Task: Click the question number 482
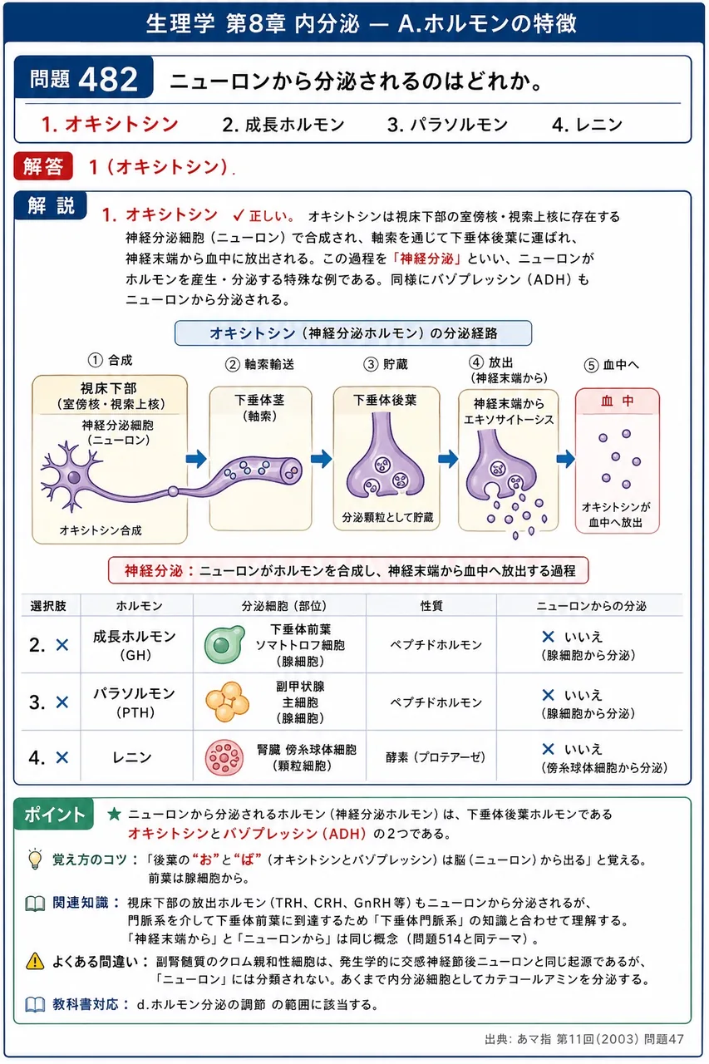tap(108, 79)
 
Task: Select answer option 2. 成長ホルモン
tap(283, 125)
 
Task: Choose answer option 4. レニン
tap(587, 125)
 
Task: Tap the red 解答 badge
tap(43, 166)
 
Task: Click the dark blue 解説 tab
tap(51, 205)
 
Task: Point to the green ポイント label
tap(54, 814)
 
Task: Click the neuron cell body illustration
tap(74, 477)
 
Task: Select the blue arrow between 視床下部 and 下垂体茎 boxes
tap(195, 459)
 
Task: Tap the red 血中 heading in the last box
tap(617, 401)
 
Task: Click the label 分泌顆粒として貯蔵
tap(387, 517)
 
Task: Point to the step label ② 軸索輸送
tap(259, 364)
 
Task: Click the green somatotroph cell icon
tap(224, 644)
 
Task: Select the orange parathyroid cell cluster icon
tap(227, 702)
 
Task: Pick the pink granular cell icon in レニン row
tap(224, 756)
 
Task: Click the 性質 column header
tap(431, 606)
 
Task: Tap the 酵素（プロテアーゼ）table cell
tap(436, 757)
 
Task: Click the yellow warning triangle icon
tap(35, 962)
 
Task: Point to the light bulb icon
tap(35, 860)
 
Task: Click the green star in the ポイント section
tap(114, 814)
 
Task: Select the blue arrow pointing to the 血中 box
tap(565, 459)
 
